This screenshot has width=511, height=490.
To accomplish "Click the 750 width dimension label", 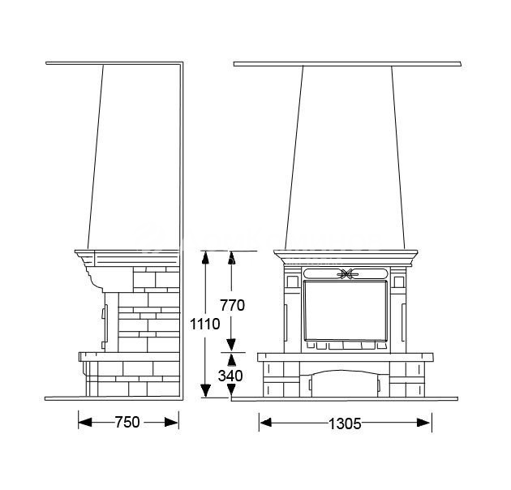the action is [127, 422].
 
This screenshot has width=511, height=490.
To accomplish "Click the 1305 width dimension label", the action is [345, 423].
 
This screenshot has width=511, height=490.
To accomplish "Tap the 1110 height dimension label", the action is [205, 324].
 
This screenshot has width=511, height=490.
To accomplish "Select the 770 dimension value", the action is [232, 305].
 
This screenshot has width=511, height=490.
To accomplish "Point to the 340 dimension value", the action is [230, 376].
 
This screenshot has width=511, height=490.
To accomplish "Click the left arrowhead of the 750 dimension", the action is [85, 423].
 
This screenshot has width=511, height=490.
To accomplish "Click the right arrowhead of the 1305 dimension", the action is [424, 423].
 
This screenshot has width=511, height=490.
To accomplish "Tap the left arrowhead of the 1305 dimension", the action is [266, 423].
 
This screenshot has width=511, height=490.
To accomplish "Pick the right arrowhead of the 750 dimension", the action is [171, 423].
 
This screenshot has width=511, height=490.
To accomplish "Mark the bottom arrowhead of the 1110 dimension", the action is [205, 390].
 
